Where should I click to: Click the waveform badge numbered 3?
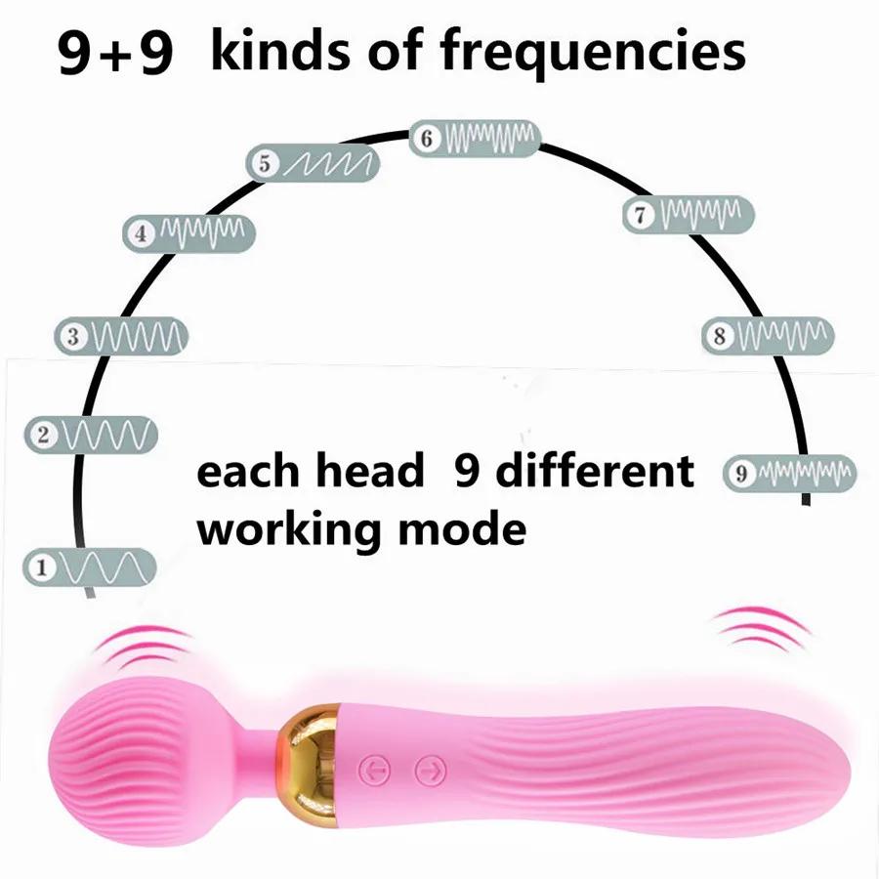coord(121,337)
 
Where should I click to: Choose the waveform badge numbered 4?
coord(189,232)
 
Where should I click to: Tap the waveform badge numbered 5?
coord(313,163)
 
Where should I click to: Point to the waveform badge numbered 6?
coord(475,139)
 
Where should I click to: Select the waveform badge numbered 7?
coord(689,214)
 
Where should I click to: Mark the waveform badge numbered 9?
coord(789,474)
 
